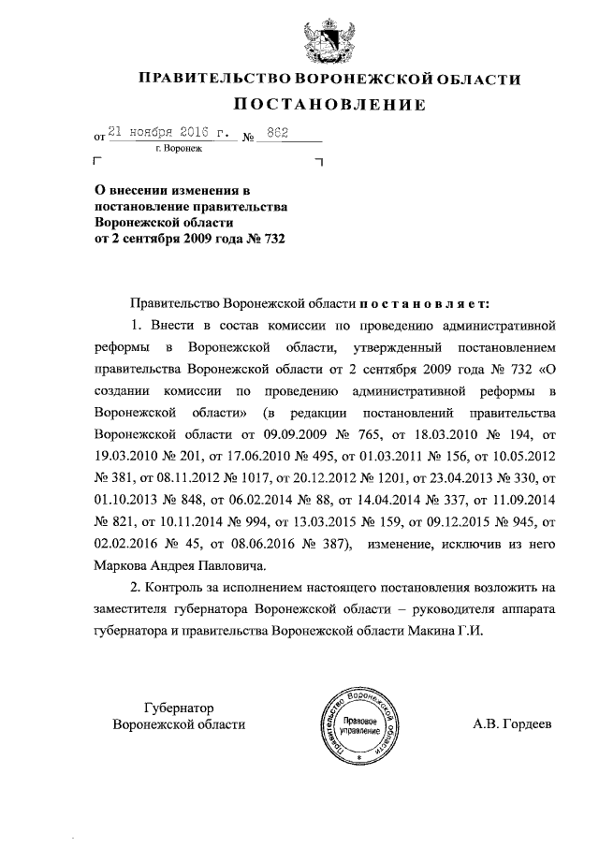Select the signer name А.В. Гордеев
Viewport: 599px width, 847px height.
pos(514,724)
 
